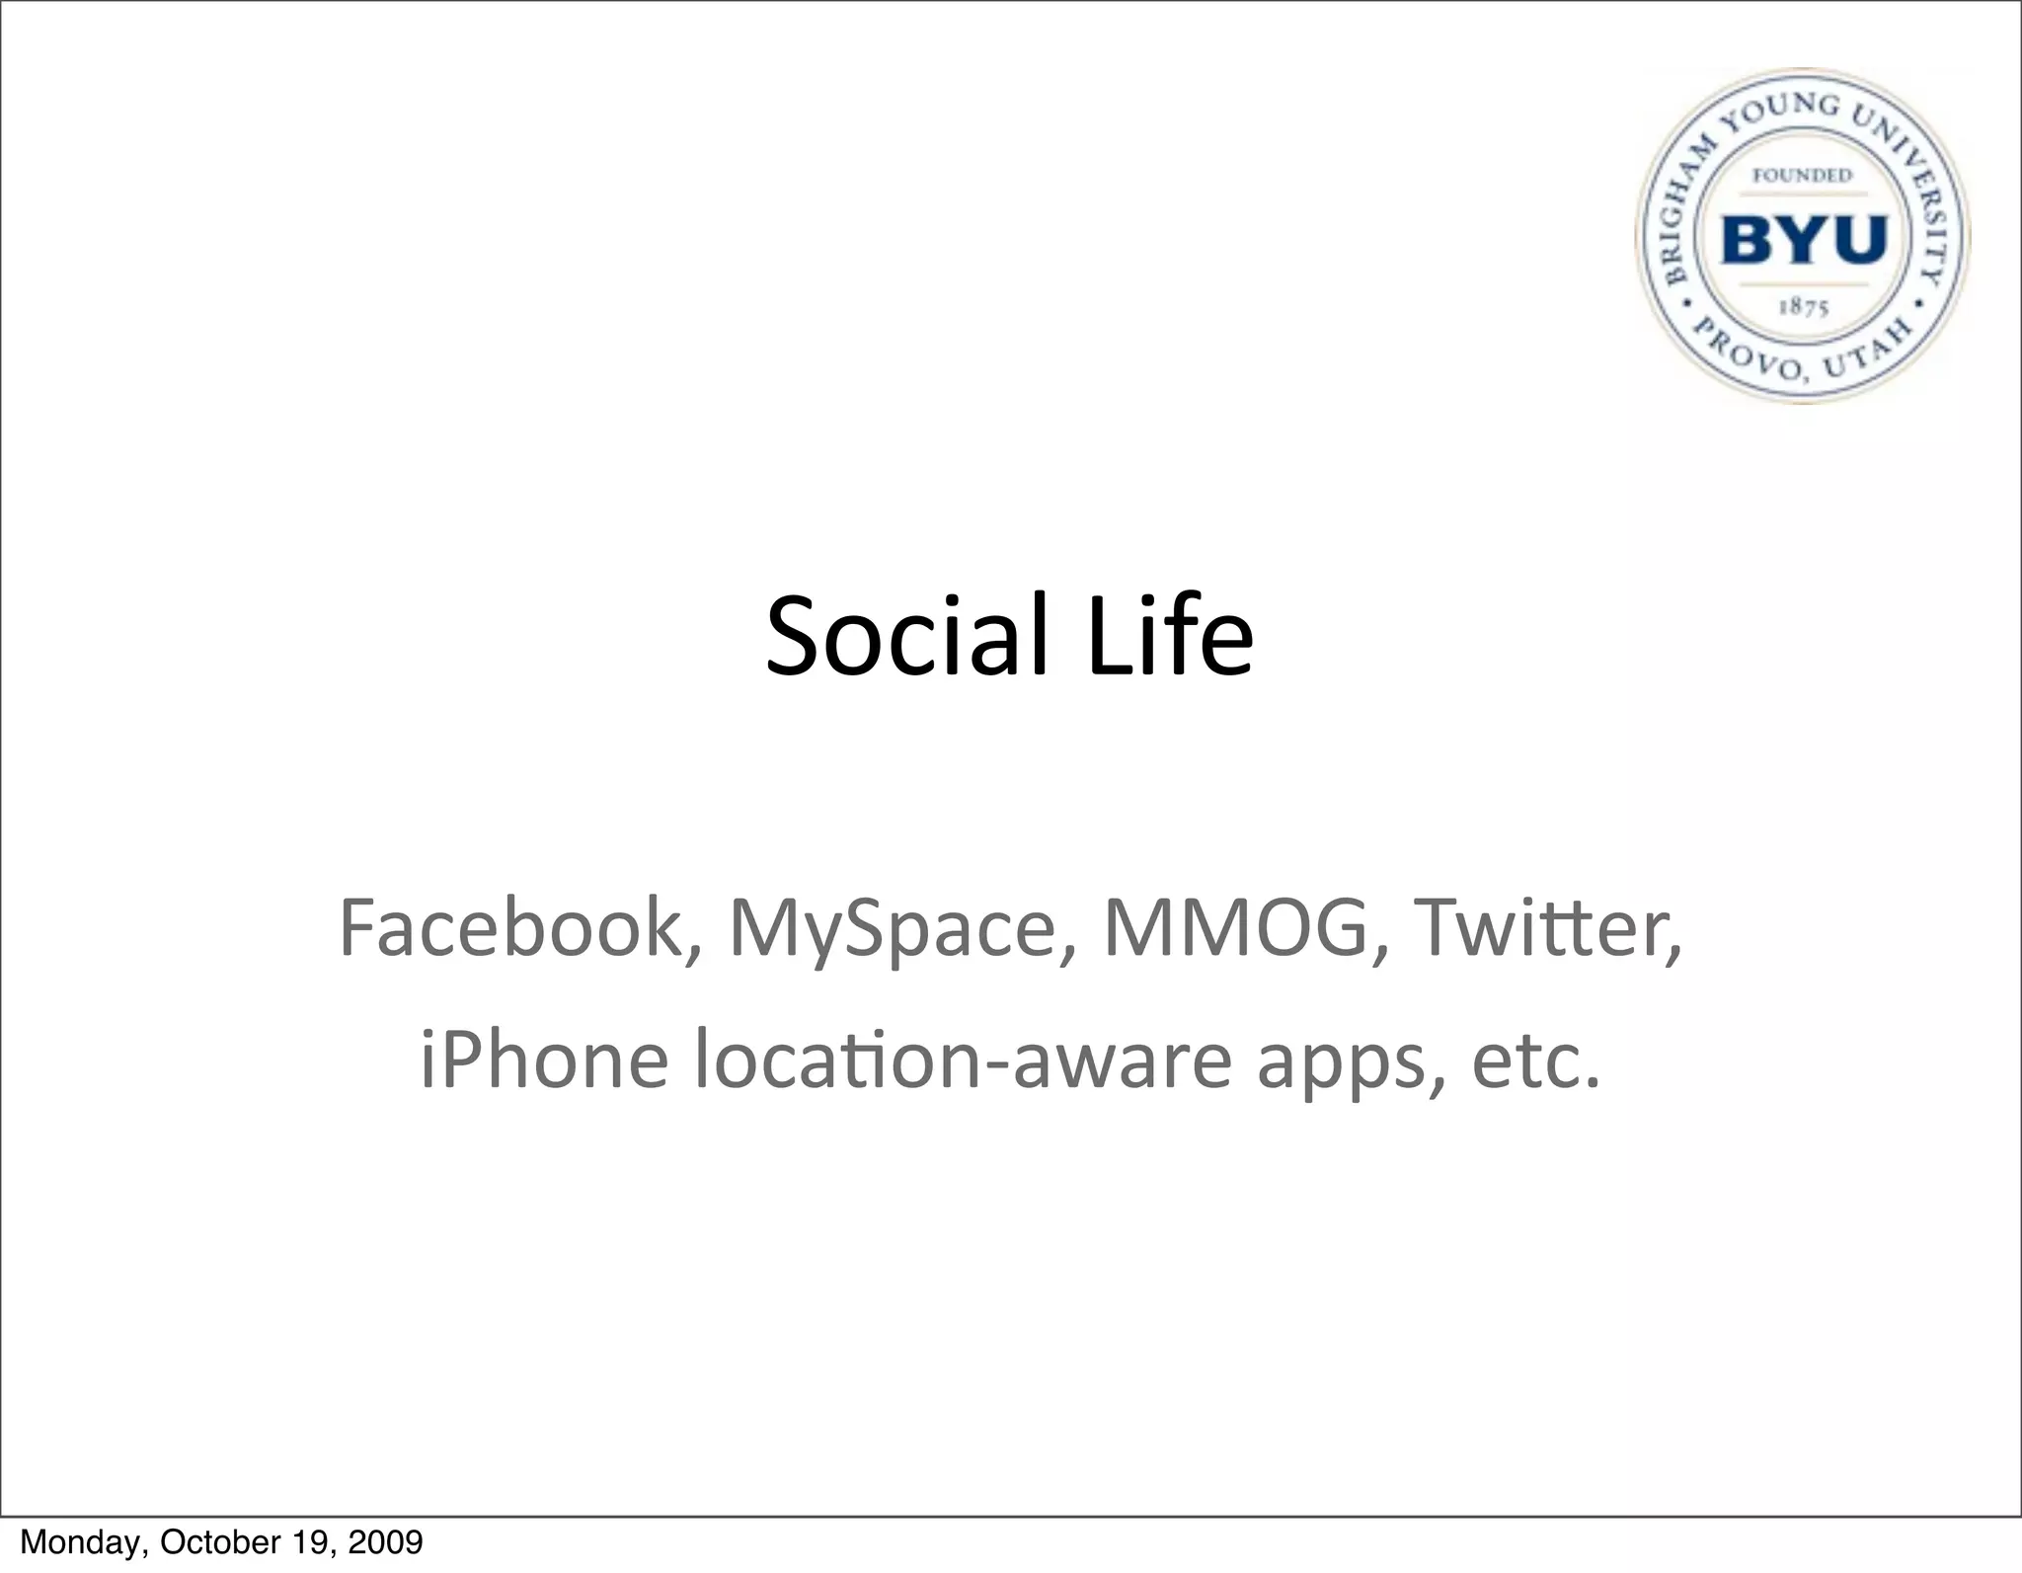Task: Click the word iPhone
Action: [x=544, y=1060]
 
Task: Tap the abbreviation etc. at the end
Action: [x=1534, y=1060]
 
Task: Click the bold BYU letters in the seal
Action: [x=1804, y=240]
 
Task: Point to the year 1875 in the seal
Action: [x=1804, y=307]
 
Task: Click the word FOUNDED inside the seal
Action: [x=1802, y=176]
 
